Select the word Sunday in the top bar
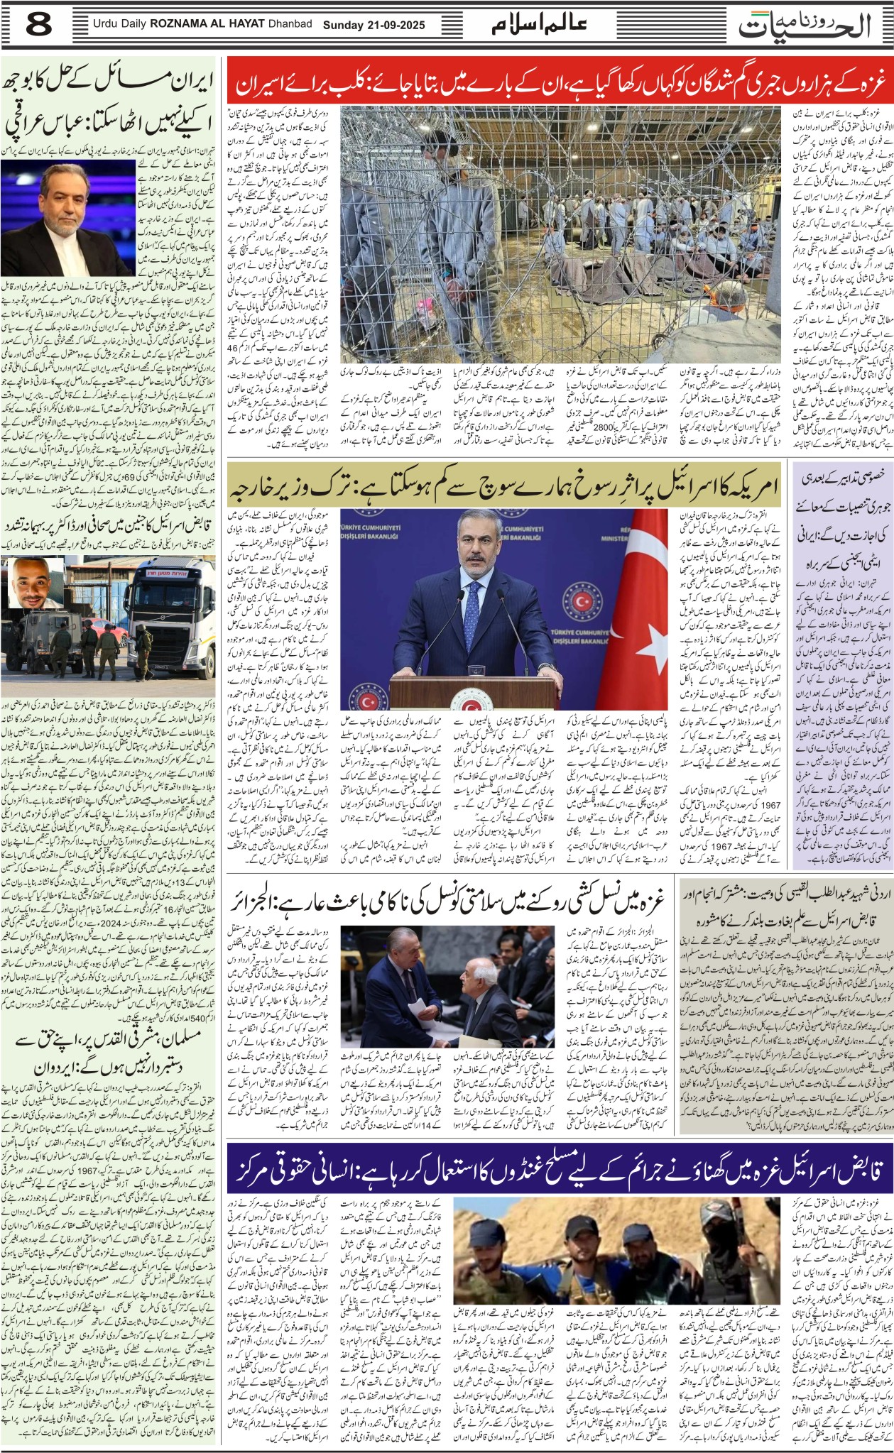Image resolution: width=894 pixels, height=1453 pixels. coord(345,25)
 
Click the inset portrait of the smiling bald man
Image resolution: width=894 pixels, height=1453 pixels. coord(33,581)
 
